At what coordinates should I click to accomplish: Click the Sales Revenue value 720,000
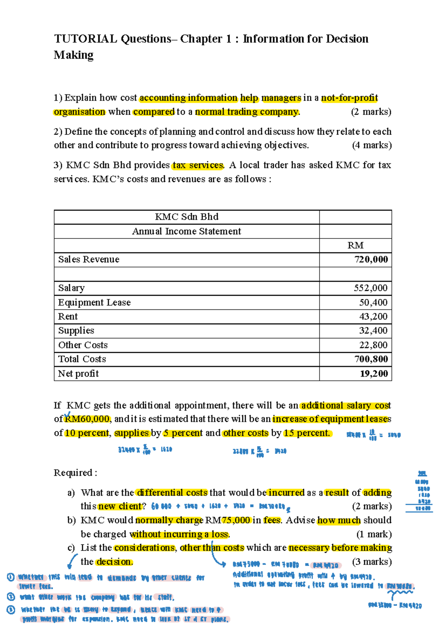371,259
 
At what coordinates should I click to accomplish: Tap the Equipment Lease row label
94,302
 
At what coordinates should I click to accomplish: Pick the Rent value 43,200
373,316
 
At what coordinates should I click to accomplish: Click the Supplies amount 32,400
373,331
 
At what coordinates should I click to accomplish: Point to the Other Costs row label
83,345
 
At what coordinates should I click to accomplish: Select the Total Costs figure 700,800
371,359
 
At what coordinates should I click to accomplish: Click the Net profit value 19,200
374,374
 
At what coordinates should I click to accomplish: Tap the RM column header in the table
355,246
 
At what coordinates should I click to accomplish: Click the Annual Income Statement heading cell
187,231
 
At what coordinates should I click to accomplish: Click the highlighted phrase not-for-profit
349,98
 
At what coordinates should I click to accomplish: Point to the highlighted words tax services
198,165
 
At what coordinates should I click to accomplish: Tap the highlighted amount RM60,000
87,419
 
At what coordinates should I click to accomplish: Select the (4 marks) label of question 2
372,145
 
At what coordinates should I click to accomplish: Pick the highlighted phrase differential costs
172,493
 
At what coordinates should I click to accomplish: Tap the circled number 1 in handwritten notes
10,577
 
